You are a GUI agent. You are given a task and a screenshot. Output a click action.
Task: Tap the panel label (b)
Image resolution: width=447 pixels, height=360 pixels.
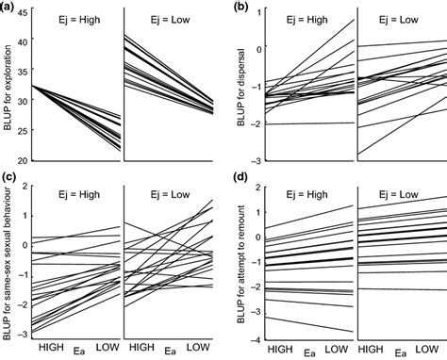tap(241, 8)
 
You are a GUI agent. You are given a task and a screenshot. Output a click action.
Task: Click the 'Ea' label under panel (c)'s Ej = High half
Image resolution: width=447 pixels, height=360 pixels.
tap(78, 352)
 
